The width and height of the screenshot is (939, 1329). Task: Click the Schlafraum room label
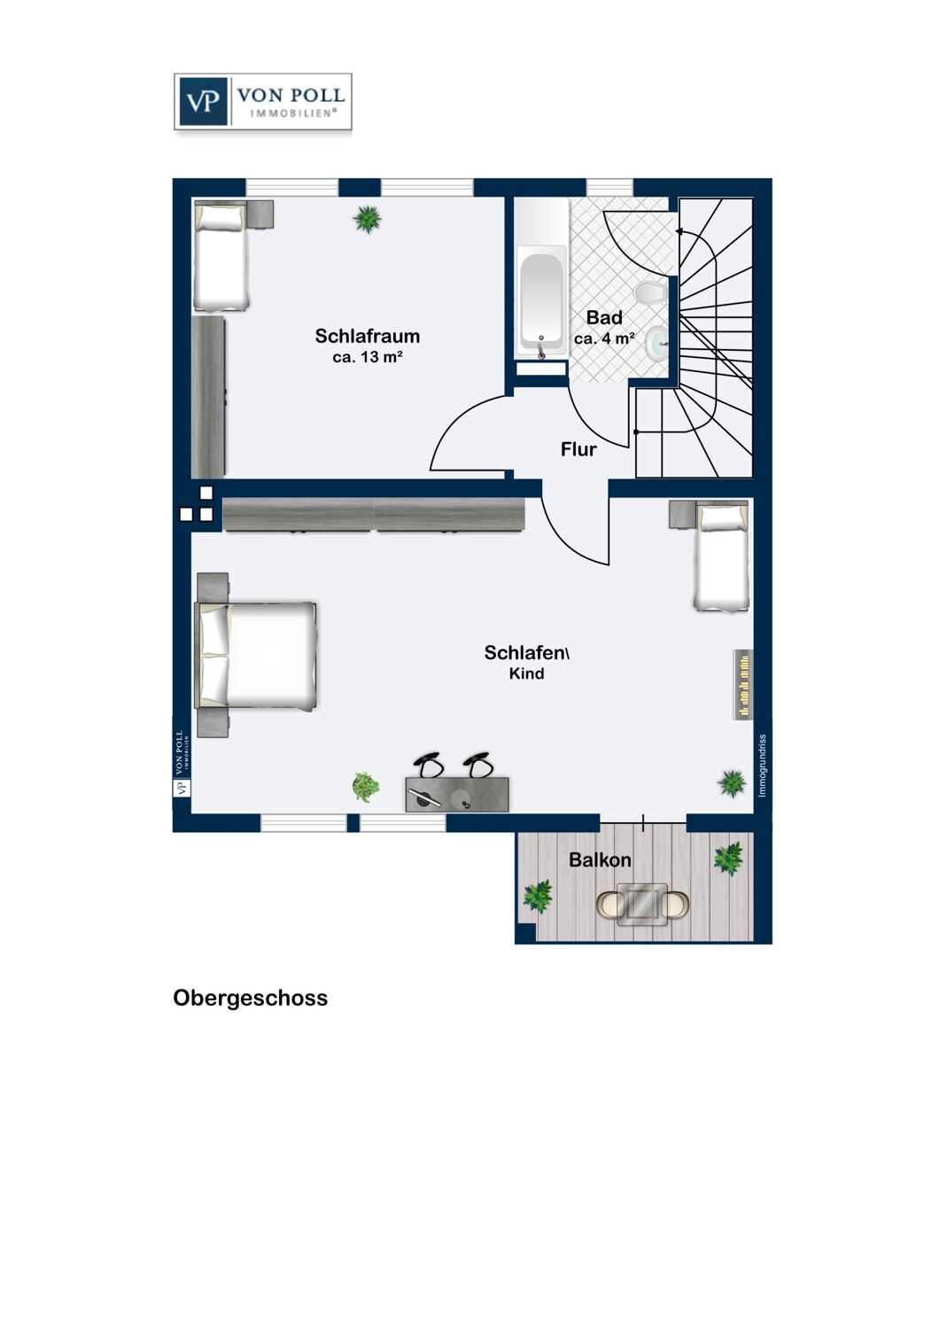[x=367, y=337]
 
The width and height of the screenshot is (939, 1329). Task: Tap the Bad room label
[x=604, y=318]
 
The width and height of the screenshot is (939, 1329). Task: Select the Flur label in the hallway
[x=578, y=450]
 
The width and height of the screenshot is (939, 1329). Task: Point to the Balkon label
[x=600, y=859]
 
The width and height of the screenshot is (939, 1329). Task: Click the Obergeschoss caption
[x=251, y=999]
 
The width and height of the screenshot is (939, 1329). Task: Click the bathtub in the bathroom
[x=540, y=303]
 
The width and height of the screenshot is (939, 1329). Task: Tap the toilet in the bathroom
[x=650, y=292]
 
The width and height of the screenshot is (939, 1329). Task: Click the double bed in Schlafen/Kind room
[x=256, y=655]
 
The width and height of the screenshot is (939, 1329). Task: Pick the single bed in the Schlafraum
[x=221, y=256]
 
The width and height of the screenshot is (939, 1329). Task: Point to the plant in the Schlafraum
[x=367, y=219]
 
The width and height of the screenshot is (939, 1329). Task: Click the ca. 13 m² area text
[x=368, y=357]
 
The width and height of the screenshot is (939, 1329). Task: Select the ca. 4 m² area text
[x=604, y=338]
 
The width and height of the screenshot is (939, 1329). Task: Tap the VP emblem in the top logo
[x=202, y=102]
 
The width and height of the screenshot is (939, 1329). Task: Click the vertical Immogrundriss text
[x=762, y=766]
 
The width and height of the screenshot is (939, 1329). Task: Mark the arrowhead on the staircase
[x=679, y=231]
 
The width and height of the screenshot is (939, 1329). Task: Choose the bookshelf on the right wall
[x=743, y=685]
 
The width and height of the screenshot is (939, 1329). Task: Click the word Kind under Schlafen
[x=527, y=673]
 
